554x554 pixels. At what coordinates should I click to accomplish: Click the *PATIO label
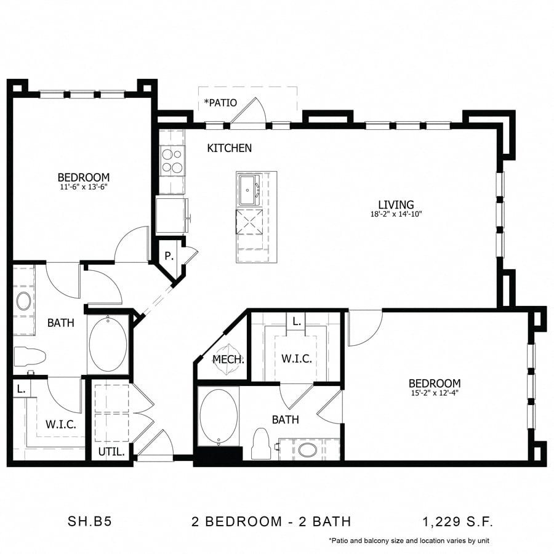[x=220, y=103]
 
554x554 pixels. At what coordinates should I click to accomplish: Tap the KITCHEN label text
[x=229, y=148]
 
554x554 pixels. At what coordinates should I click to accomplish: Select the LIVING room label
[x=396, y=205]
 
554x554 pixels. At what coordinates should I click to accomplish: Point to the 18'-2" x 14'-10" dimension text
[x=396, y=215]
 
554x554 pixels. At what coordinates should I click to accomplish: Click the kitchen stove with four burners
[x=172, y=160]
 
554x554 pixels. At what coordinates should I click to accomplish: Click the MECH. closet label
[x=228, y=359]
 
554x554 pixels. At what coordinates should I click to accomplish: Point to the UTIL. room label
[x=112, y=452]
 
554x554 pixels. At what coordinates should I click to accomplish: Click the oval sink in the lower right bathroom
[x=308, y=449]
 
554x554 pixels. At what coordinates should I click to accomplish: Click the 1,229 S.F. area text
[x=457, y=522]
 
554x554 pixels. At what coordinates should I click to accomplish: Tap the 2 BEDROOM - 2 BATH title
[x=271, y=522]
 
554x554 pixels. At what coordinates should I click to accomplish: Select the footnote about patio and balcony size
[x=409, y=541]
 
